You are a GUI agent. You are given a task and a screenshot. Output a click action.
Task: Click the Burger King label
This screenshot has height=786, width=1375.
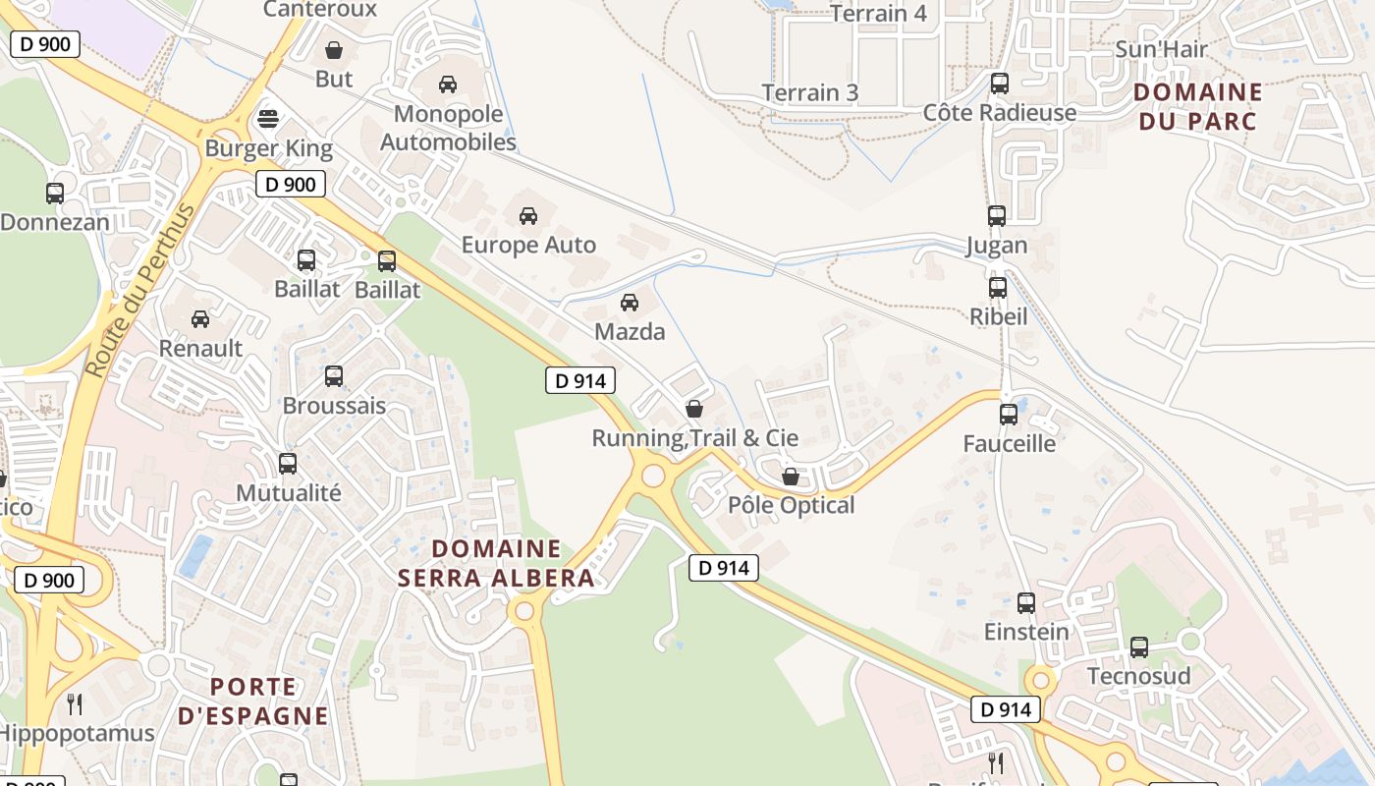pyautogui.click(x=268, y=149)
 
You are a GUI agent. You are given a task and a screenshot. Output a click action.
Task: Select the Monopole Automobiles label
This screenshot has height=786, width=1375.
pyautogui.click(x=448, y=128)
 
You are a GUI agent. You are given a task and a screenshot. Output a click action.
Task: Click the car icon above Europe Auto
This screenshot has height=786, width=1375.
pyautogui.click(x=528, y=216)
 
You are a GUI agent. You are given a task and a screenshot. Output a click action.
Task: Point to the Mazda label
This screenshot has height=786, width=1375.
pyautogui.click(x=630, y=332)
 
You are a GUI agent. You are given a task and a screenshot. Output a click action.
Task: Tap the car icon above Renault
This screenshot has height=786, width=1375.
pyautogui.click(x=200, y=319)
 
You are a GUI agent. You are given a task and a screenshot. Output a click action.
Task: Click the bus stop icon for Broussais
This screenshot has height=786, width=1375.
pyautogui.click(x=334, y=376)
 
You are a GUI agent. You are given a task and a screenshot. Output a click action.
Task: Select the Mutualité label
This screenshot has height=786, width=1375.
pyautogui.click(x=289, y=493)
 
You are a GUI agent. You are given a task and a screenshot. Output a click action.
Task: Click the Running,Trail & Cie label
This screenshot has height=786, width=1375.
pyautogui.click(x=694, y=438)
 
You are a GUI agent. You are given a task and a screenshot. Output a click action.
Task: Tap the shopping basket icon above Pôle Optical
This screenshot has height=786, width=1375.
pyautogui.click(x=791, y=477)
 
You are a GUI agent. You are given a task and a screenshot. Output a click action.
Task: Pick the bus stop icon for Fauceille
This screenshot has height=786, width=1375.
pyautogui.click(x=1009, y=415)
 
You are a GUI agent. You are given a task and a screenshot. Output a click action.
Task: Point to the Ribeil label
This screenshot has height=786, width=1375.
pyautogui.click(x=998, y=317)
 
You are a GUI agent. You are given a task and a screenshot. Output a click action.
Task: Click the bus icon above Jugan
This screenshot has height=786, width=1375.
pyautogui.click(x=997, y=216)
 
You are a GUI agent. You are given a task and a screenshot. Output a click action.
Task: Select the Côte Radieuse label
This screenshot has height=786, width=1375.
pyautogui.click(x=1000, y=113)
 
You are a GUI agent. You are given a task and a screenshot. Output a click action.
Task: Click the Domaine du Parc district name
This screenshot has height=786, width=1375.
pyautogui.click(x=1196, y=106)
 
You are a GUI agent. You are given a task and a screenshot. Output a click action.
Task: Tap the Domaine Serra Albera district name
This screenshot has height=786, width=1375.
pyautogui.click(x=496, y=563)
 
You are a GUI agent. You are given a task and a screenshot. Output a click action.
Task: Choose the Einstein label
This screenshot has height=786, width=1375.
pyautogui.click(x=1026, y=632)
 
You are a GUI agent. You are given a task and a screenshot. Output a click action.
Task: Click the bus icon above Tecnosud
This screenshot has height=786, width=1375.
pyautogui.click(x=1139, y=647)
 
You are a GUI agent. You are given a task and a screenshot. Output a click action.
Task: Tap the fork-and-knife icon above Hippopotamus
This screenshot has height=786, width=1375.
pyautogui.click(x=75, y=703)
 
